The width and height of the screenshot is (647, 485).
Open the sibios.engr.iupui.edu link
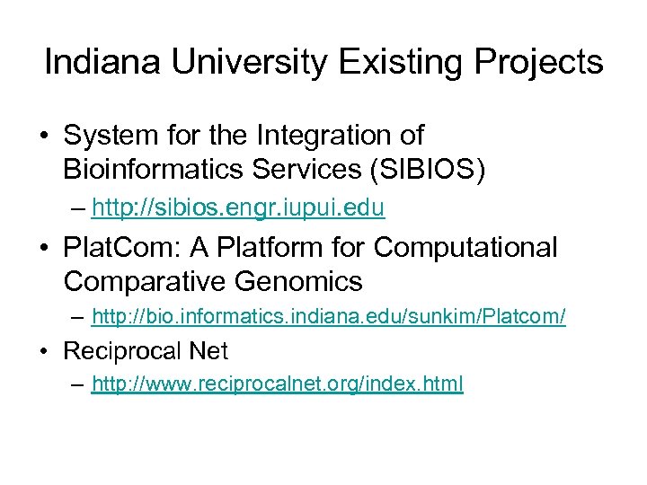click(x=238, y=209)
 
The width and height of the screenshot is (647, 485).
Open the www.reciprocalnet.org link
click(x=277, y=385)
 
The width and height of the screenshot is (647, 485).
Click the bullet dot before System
click(x=43, y=137)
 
